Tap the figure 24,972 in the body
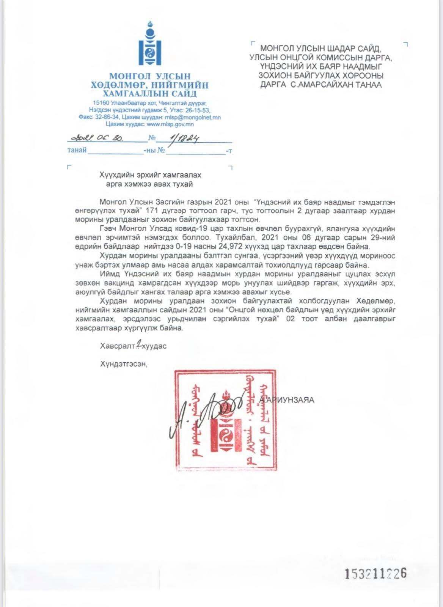click(x=237, y=246)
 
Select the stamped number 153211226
click(x=375, y=573)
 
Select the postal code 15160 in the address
click(x=101, y=103)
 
